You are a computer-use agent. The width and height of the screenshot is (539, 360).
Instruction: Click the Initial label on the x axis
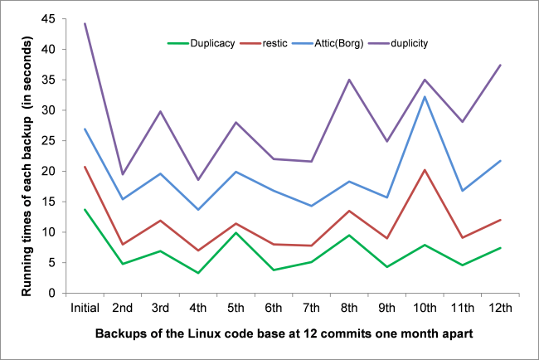[85, 307]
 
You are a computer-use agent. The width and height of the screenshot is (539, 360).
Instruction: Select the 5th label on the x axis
[236, 307]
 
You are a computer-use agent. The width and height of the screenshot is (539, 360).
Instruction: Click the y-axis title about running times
[27, 155]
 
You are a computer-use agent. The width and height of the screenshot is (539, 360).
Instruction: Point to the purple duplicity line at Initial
[85, 23]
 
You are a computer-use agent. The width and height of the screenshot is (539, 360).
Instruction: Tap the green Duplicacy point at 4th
[198, 273]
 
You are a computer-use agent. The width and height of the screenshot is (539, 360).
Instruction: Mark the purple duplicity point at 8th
[348, 80]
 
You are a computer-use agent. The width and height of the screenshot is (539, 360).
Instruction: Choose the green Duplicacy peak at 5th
[236, 232]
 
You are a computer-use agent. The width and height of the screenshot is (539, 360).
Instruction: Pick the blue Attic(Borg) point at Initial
[85, 129]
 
